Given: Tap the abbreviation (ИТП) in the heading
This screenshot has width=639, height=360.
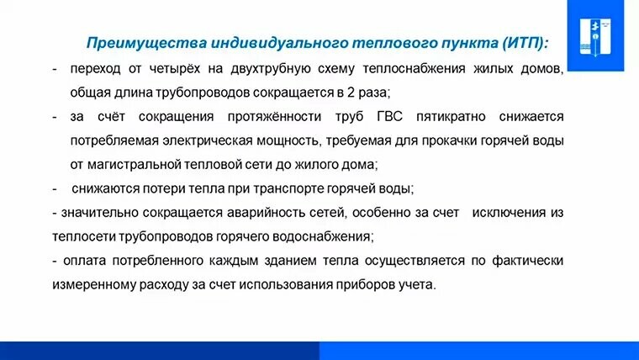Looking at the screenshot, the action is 525,43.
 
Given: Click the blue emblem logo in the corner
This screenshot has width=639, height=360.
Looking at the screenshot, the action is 595,36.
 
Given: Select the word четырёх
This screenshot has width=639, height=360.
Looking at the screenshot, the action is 174,68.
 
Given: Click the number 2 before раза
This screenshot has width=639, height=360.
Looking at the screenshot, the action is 351,93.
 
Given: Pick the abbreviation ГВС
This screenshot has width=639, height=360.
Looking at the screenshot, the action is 389,117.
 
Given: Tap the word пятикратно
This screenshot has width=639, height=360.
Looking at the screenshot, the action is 451,118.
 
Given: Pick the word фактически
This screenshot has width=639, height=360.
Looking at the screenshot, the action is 528,261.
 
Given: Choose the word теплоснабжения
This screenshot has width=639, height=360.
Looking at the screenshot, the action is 414,68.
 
